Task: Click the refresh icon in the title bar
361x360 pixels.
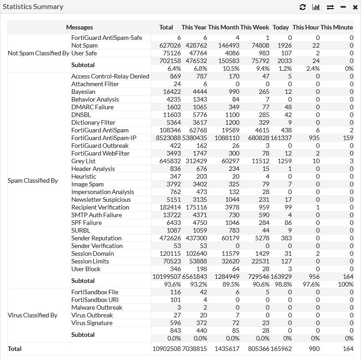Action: [x=303, y=7]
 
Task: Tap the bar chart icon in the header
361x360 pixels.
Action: [x=316, y=7]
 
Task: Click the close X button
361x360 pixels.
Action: [x=355, y=7]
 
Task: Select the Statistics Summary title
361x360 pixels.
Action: [x=33, y=7]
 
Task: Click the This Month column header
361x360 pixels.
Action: [x=223, y=27]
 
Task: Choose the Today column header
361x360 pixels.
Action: [x=281, y=27]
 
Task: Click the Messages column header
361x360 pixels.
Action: [x=79, y=27]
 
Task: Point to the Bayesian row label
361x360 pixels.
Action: [x=83, y=92]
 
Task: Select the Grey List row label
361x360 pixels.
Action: [x=83, y=161]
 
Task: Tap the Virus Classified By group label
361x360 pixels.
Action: [x=33, y=315]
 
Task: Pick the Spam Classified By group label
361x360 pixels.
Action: [x=33, y=180]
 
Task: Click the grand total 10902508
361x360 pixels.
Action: [x=166, y=349]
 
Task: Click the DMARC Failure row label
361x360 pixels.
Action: [x=93, y=107]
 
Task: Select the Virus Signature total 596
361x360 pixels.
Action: [x=175, y=323]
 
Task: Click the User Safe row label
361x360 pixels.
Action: [x=84, y=53]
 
